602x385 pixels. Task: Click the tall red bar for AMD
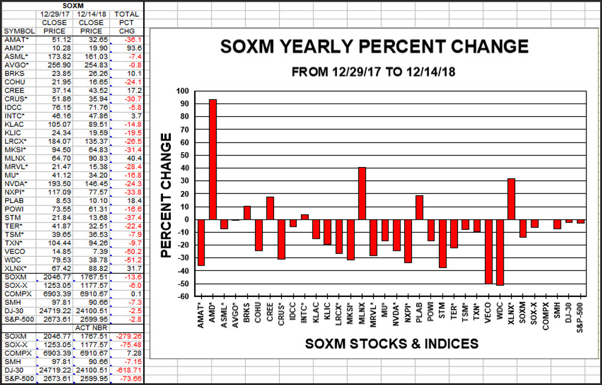212,159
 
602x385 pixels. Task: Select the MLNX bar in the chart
362,193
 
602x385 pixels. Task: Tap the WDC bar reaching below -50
499,252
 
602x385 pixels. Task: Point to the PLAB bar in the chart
419,207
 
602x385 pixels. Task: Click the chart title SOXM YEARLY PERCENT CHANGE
374,47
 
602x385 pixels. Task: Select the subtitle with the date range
374,71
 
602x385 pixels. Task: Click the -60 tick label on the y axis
182,296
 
